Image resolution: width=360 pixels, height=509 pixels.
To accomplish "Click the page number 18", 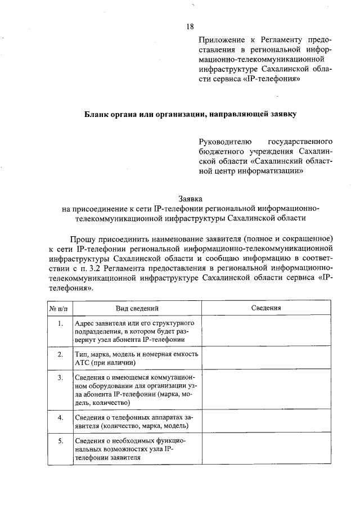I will [x=190, y=26].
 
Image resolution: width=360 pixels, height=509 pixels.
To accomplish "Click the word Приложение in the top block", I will [x=221, y=41].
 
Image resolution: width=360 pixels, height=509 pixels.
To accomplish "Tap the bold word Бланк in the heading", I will [x=95, y=114].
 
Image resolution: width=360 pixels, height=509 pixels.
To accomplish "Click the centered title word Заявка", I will [x=190, y=199].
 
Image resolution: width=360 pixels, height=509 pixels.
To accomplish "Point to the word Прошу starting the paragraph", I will [x=82, y=238].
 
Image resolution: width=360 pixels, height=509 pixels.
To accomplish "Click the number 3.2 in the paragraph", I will [x=124, y=267].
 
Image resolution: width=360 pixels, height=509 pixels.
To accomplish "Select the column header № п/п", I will [x=58, y=308].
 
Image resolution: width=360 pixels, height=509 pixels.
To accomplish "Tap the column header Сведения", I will [x=266, y=308].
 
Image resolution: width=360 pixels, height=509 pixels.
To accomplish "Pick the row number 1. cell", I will [x=60, y=325].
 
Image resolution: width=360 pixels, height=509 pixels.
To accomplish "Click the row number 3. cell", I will [x=60, y=377].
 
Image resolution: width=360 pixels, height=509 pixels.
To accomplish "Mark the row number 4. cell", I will [x=60, y=417].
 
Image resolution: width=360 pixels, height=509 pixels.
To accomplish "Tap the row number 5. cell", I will [x=60, y=441].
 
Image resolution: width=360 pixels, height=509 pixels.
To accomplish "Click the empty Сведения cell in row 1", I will [x=266, y=332].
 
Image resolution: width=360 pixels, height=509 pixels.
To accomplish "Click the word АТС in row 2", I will [x=82, y=363].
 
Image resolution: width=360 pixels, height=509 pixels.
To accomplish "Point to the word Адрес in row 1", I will [x=85, y=325].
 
